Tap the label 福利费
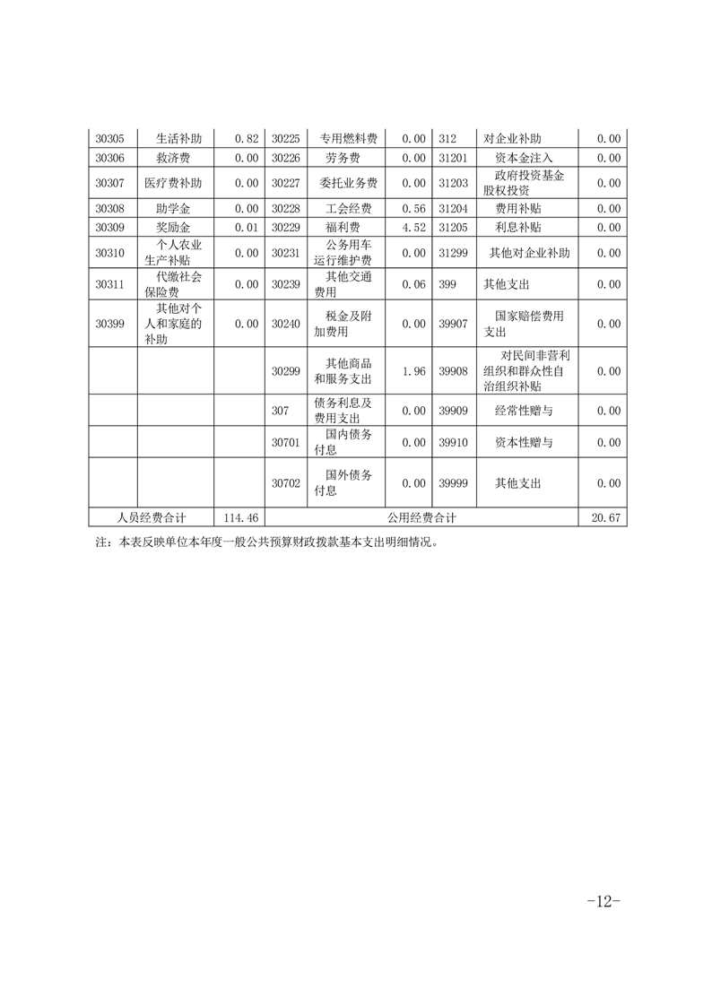[343, 228]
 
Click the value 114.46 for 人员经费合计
[240, 517]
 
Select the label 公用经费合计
[422, 517]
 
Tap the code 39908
[454, 371]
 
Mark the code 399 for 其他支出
[448, 284]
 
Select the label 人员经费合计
[152, 517]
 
